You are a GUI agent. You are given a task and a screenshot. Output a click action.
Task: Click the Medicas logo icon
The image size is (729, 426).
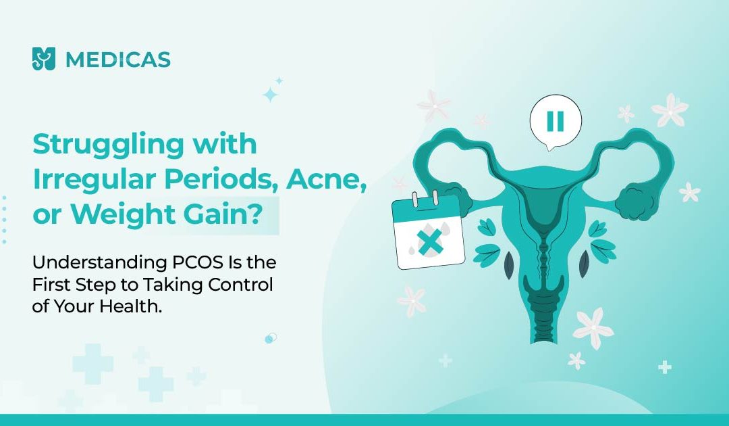point(44,59)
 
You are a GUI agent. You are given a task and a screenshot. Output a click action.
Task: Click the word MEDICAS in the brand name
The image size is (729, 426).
point(118,60)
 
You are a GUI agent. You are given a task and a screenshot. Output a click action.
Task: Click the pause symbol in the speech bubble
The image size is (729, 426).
point(556,121)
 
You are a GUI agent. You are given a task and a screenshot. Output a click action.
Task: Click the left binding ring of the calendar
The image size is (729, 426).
point(414,199)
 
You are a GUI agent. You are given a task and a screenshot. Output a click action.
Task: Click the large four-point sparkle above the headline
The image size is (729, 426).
point(270,95)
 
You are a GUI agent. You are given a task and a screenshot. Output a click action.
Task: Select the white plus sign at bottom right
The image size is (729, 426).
point(664,367)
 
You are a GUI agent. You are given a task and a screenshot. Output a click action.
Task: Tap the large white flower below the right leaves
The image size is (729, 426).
point(593,327)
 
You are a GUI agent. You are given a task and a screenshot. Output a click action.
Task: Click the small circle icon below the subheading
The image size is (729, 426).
point(270,339)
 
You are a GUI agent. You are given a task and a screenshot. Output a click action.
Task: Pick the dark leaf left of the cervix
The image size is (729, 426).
point(509,263)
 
